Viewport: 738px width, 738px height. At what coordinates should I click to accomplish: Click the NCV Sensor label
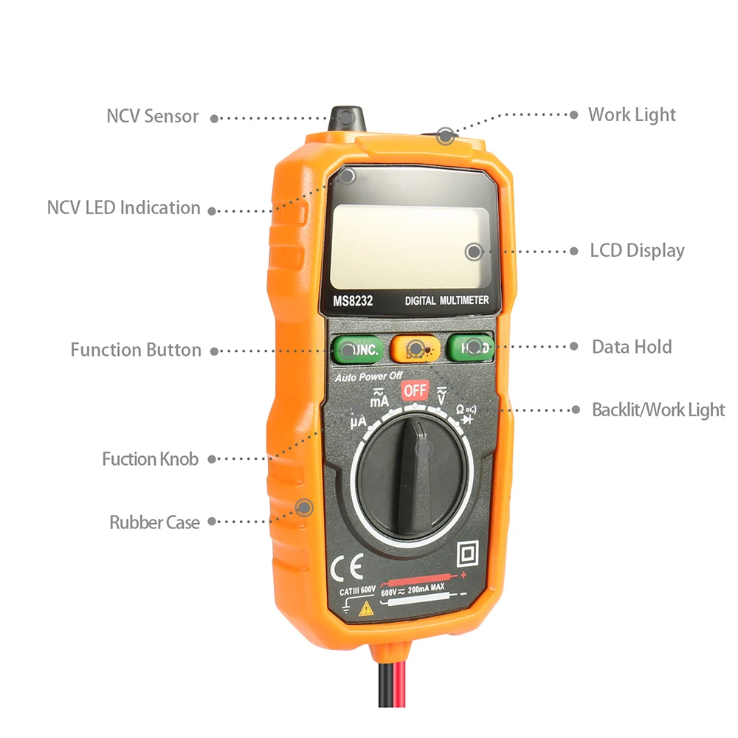tap(153, 117)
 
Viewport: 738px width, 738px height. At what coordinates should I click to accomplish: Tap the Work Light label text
tap(632, 114)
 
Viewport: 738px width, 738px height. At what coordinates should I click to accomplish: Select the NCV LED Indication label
tap(123, 208)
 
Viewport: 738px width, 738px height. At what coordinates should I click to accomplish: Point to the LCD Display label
tap(637, 250)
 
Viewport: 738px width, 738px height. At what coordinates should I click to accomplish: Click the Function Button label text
tap(136, 350)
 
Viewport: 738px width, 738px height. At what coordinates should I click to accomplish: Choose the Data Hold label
tap(632, 347)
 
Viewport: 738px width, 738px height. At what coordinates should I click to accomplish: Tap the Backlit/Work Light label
tap(658, 410)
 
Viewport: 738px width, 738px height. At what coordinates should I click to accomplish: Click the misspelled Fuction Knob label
tap(150, 459)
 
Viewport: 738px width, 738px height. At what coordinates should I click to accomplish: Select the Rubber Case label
tap(154, 523)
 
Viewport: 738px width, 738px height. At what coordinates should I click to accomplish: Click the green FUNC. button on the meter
tap(357, 349)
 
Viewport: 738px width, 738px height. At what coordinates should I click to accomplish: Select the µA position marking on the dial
tap(358, 423)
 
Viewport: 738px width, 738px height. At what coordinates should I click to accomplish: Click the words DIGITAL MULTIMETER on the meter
tap(446, 300)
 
